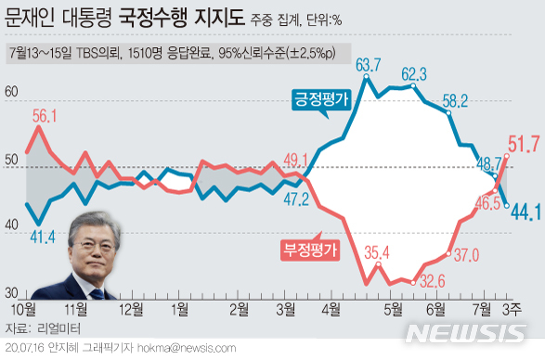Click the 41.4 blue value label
click(x=43, y=238)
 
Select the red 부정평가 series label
click(x=309, y=248)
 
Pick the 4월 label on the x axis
click(x=330, y=307)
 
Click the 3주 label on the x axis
click(x=513, y=307)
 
